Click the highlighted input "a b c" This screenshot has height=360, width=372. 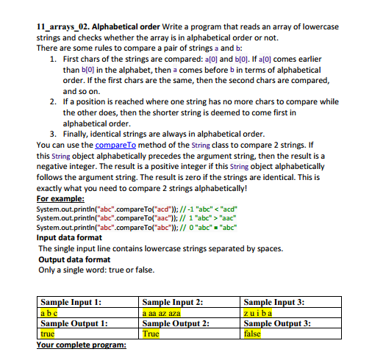49,312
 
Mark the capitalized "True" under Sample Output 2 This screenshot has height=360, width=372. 151,333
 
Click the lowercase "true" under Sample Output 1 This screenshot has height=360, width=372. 48,333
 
